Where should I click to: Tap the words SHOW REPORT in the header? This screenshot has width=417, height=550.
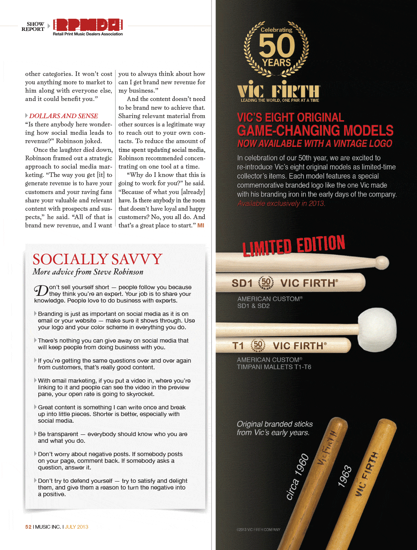pos(33,27)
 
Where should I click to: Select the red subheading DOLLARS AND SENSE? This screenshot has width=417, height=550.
pos(63,116)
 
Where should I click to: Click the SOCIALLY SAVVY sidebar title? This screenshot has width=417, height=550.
pos(97,259)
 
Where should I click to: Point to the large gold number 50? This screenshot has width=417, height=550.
pos(276,45)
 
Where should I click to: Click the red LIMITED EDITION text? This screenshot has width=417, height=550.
pos(294,245)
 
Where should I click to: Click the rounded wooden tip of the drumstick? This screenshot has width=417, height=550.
pos(382,262)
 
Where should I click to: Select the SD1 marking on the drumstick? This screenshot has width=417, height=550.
pos(242,283)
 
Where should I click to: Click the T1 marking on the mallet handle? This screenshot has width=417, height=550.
pos(238,346)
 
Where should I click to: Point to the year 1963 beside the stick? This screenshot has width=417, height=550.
pos(345,476)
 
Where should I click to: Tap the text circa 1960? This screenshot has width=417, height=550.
pos(297,476)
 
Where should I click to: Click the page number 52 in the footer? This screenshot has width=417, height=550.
pos(28,527)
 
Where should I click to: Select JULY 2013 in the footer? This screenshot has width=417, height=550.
pos(76,527)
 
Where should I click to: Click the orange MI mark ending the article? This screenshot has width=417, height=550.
pos(201,225)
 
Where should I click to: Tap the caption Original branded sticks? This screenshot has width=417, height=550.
pos(275,424)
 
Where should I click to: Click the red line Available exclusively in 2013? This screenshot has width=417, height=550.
pos(281,204)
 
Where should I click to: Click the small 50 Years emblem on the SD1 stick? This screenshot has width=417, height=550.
pos(266,283)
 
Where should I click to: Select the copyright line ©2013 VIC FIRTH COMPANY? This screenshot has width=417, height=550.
pos(259,530)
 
